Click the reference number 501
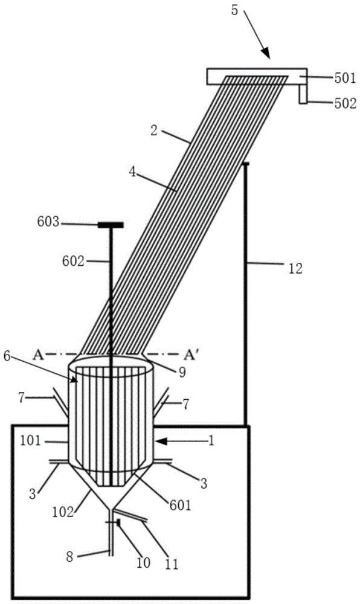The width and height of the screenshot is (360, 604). [x=345, y=78]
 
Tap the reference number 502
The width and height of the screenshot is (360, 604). [x=346, y=103]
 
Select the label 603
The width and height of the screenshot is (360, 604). [x=48, y=222]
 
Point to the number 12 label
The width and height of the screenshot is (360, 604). [x=295, y=269]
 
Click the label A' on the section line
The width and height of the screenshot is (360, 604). [x=190, y=355]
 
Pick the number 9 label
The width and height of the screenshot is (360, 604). [x=182, y=372]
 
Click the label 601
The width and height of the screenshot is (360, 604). [x=180, y=504]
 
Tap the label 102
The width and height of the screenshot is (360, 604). [x=63, y=512]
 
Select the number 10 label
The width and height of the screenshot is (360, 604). [x=143, y=563]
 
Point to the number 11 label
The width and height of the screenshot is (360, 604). [x=172, y=564]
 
